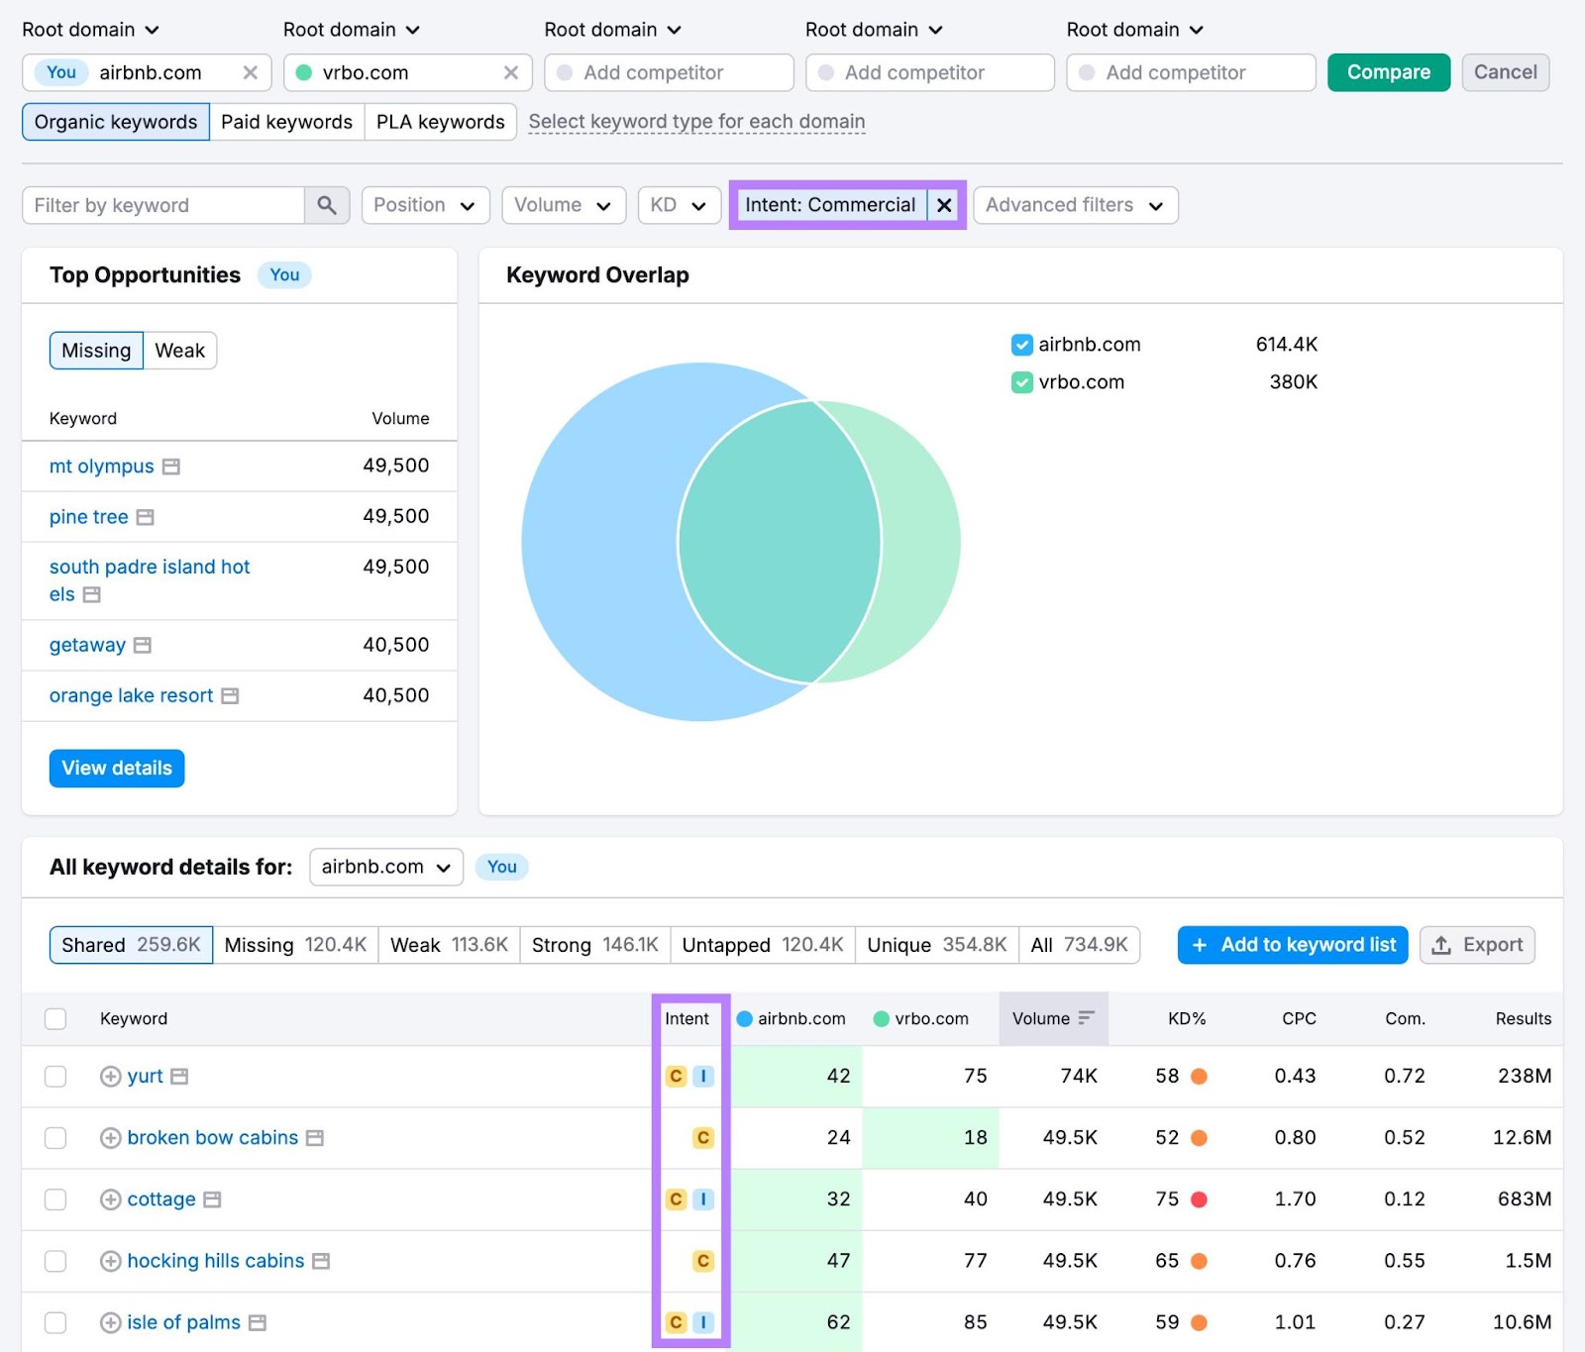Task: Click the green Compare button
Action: pos(1388,72)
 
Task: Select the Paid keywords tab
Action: pos(286,122)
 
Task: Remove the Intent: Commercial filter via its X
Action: pos(944,205)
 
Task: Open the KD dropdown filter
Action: pos(679,205)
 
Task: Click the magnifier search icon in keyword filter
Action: pos(327,205)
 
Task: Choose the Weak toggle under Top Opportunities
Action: pos(179,351)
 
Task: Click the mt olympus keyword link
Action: pos(102,467)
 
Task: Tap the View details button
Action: pos(117,768)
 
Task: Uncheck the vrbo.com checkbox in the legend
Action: pos(1021,382)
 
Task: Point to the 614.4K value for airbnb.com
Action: pos(1286,345)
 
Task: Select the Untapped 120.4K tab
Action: pos(762,945)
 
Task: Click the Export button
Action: pos(1477,945)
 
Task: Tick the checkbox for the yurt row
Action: pos(55,1077)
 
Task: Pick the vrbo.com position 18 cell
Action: pos(975,1138)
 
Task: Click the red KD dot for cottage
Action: pos(1199,1199)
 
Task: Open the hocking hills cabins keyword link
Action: pos(216,1261)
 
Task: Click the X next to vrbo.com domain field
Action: pos(511,72)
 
